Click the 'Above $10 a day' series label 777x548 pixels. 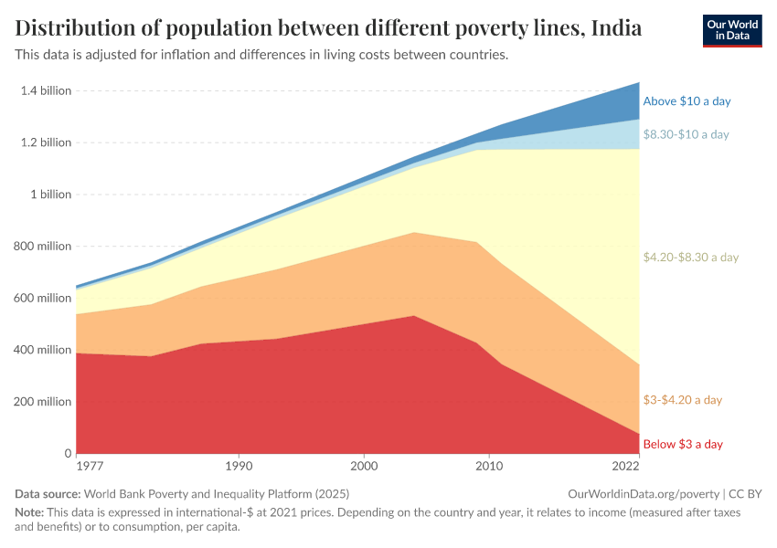pyautogui.click(x=687, y=101)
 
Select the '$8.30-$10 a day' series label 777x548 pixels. pyautogui.click(x=686, y=134)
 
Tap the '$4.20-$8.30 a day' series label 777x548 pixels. pyautogui.click(x=690, y=258)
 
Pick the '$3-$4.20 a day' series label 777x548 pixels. pyautogui.click(x=682, y=400)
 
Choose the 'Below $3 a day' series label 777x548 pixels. pyautogui.click(x=683, y=445)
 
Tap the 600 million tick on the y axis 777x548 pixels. pyautogui.click(x=42, y=298)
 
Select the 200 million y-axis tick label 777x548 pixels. pyautogui.click(x=42, y=402)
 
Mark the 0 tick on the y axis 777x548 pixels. pyautogui.click(x=67, y=454)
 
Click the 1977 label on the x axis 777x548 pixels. pyautogui.click(x=90, y=467)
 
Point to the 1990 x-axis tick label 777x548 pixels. pyautogui.click(x=239, y=467)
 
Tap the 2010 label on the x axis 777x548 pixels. pyautogui.click(x=489, y=467)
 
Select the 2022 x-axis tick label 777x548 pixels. pyautogui.click(x=626, y=467)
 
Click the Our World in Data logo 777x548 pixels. pyautogui.click(x=732, y=30)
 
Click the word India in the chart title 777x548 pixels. pyautogui.click(x=616, y=28)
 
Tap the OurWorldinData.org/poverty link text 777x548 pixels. pyautogui.click(x=644, y=494)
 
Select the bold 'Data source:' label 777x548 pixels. pyautogui.click(x=48, y=494)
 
